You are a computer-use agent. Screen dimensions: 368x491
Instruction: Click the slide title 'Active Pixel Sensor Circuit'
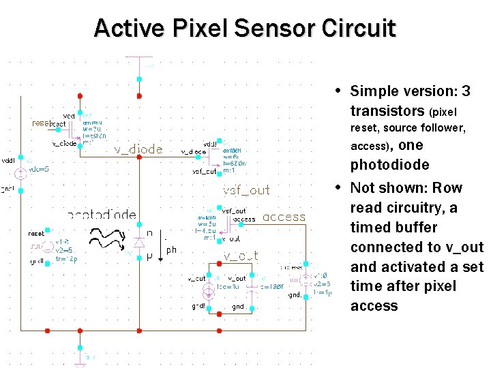tap(245, 28)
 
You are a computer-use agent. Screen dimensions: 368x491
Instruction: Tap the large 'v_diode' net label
tap(138, 150)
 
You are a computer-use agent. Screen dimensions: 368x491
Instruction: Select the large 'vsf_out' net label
tap(246, 190)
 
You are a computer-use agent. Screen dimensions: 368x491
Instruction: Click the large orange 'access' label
tap(284, 217)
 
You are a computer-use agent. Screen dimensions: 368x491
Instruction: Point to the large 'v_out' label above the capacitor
tap(241, 256)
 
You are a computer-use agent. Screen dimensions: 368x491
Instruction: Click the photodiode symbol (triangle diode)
tap(139, 242)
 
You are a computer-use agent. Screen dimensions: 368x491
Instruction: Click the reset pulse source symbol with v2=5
tap(47, 246)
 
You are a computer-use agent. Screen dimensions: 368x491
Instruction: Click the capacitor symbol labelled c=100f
tap(253, 286)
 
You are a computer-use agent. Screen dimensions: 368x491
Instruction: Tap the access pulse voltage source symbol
tap(306, 279)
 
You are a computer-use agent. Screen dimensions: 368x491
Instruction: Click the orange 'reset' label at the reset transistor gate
tap(41, 123)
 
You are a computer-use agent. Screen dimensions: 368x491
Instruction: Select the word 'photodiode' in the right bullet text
tap(389, 165)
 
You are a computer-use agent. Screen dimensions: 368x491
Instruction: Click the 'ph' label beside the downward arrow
tap(171, 250)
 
